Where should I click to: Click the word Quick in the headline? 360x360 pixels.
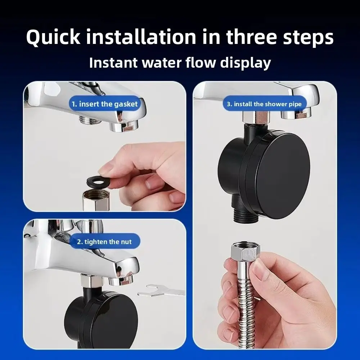53,37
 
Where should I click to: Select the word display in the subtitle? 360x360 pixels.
246,63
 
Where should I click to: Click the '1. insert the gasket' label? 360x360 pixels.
105,104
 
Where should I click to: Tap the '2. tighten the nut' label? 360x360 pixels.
104,242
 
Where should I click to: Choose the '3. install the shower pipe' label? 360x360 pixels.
264,104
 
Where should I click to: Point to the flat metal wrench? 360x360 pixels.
161,291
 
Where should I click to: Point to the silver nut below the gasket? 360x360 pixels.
95,199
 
